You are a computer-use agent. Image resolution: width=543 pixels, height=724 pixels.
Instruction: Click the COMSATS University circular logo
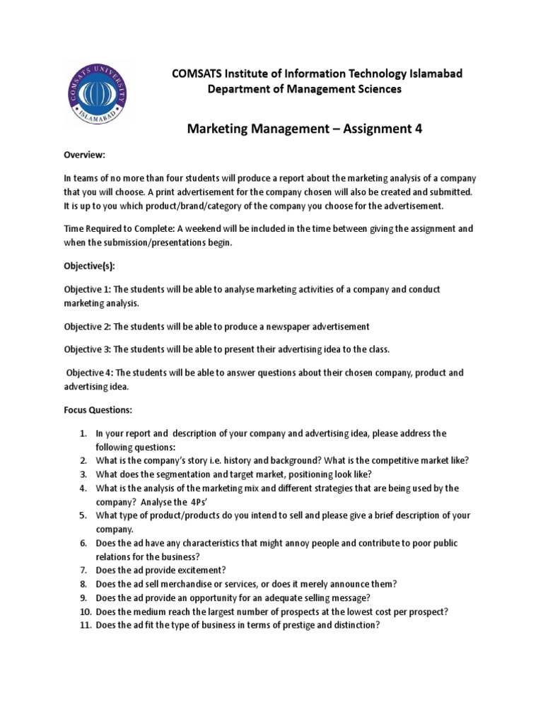(x=98, y=93)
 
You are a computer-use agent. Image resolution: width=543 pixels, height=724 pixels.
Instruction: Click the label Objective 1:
(x=88, y=290)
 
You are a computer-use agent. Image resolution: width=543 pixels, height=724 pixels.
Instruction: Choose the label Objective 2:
(x=88, y=326)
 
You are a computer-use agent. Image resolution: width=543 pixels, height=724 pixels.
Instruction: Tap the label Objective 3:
(x=88, y=349)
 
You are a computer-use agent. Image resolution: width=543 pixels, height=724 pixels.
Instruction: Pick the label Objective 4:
(x=90, y=372)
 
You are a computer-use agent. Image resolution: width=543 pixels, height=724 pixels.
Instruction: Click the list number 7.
(x=83, y=570)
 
